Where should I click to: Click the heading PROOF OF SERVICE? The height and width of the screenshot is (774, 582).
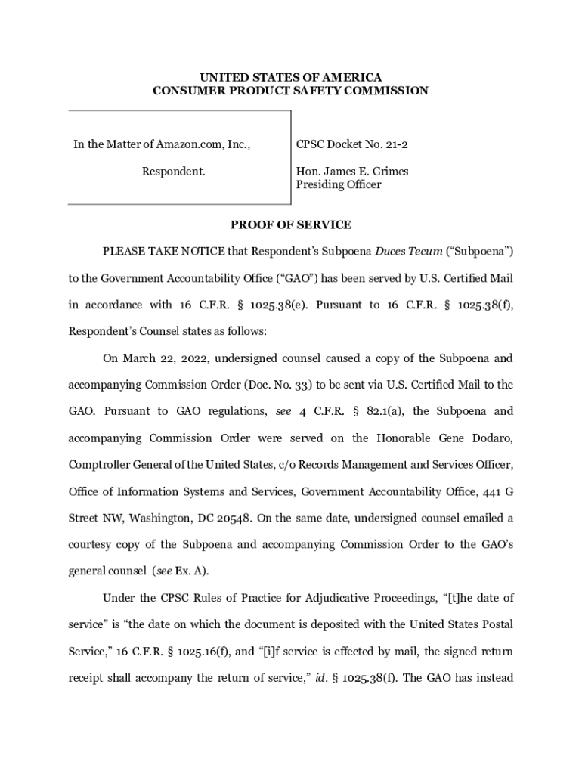[x=290, y=224]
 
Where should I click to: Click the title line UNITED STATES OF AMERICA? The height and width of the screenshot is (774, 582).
[x=290, y=78]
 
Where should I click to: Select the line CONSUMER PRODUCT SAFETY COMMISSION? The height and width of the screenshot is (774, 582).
[x=290, y=91]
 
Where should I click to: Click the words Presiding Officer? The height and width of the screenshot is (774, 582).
[x=338, y=184]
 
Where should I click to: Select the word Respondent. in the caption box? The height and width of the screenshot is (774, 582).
[x=173, y=172]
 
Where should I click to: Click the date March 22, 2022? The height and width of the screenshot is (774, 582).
[x=165, y=358]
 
